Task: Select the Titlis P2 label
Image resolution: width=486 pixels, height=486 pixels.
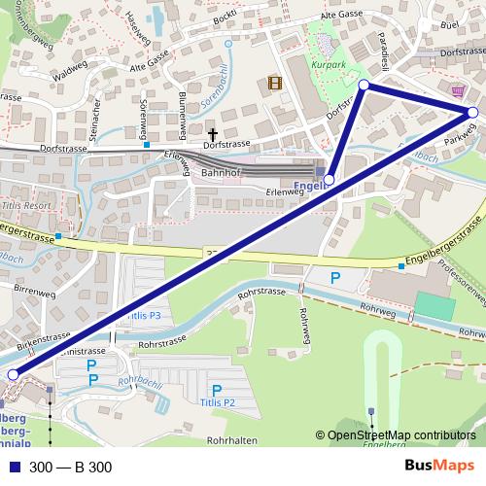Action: coord(218,401)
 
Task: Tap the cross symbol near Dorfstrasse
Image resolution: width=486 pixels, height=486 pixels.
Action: coord(213,133)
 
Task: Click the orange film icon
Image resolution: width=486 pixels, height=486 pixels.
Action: coord(276,83)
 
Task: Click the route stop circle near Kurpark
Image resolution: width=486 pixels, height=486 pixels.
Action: coord(364,86)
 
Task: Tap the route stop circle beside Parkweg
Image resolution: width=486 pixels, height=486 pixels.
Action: coord(472,113)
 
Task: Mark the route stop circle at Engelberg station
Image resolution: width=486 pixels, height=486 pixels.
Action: coord(330,180)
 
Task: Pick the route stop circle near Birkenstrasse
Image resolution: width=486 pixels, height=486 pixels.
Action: coord(13,374)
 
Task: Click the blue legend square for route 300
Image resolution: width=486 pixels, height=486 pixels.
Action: coord(13,468)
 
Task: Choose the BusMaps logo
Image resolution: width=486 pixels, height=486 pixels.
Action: coord(439,467)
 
